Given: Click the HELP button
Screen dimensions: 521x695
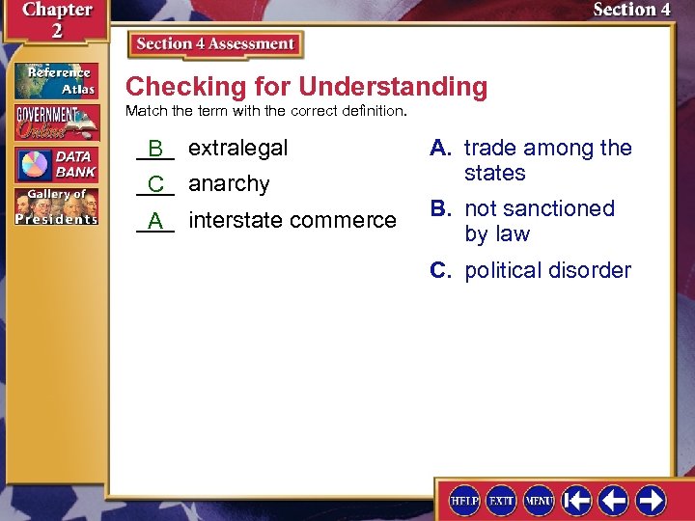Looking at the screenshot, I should (x=464, y=501).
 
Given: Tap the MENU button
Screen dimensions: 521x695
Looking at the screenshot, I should (x=538, y=501).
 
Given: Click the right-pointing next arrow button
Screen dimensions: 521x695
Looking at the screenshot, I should (x=651, y=501).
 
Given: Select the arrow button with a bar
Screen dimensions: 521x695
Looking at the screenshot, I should (x=577, y=501).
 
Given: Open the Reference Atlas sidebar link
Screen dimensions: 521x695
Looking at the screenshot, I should (x=55, y=81).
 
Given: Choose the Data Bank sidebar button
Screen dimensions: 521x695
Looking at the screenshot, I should (x=55, y=164).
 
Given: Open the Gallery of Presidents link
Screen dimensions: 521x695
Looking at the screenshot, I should (x=55, y=206).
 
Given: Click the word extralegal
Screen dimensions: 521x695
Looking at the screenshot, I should (x=237, y=148).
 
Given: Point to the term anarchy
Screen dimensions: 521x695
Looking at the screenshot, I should (x=229, y=183).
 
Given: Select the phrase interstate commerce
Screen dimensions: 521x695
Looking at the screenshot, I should (x=292, y=220).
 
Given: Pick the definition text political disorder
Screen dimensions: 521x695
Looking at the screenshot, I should (x=547, y=270).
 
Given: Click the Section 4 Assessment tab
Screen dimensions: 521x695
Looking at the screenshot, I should (x=214, y=44).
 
